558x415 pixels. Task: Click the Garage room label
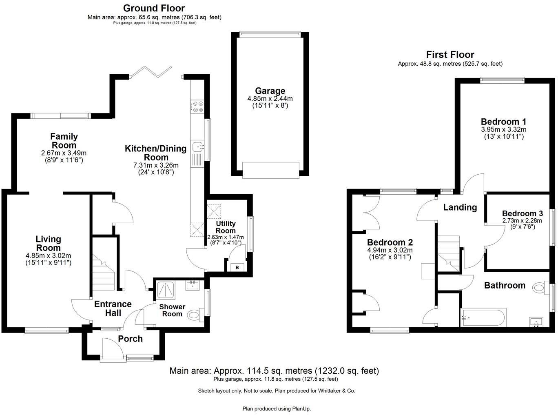[x=270, y=91]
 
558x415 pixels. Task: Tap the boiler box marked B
[x=237, y=267]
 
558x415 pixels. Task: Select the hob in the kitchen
[x=197, y=107]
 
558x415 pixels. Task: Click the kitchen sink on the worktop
[x=198, y=146]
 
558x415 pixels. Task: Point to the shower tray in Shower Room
[x=166, y=290]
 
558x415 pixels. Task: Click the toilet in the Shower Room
[x=194, y=315]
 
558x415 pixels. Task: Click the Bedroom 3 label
[x=522, y=213]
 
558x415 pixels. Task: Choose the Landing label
[x=460, y=207]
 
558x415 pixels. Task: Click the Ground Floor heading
[x=154, y=8]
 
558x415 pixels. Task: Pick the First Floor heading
[x=450, y=55]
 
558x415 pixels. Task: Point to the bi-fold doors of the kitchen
[x=151, y=72]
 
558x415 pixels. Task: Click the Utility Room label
[x=226, y=227]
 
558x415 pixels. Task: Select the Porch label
[x=130, y=339]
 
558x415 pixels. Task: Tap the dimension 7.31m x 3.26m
[x=156, y=165]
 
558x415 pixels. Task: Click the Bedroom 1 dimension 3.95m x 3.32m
[x=503, y=129]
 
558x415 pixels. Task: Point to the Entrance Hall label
[x=113, y=308]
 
